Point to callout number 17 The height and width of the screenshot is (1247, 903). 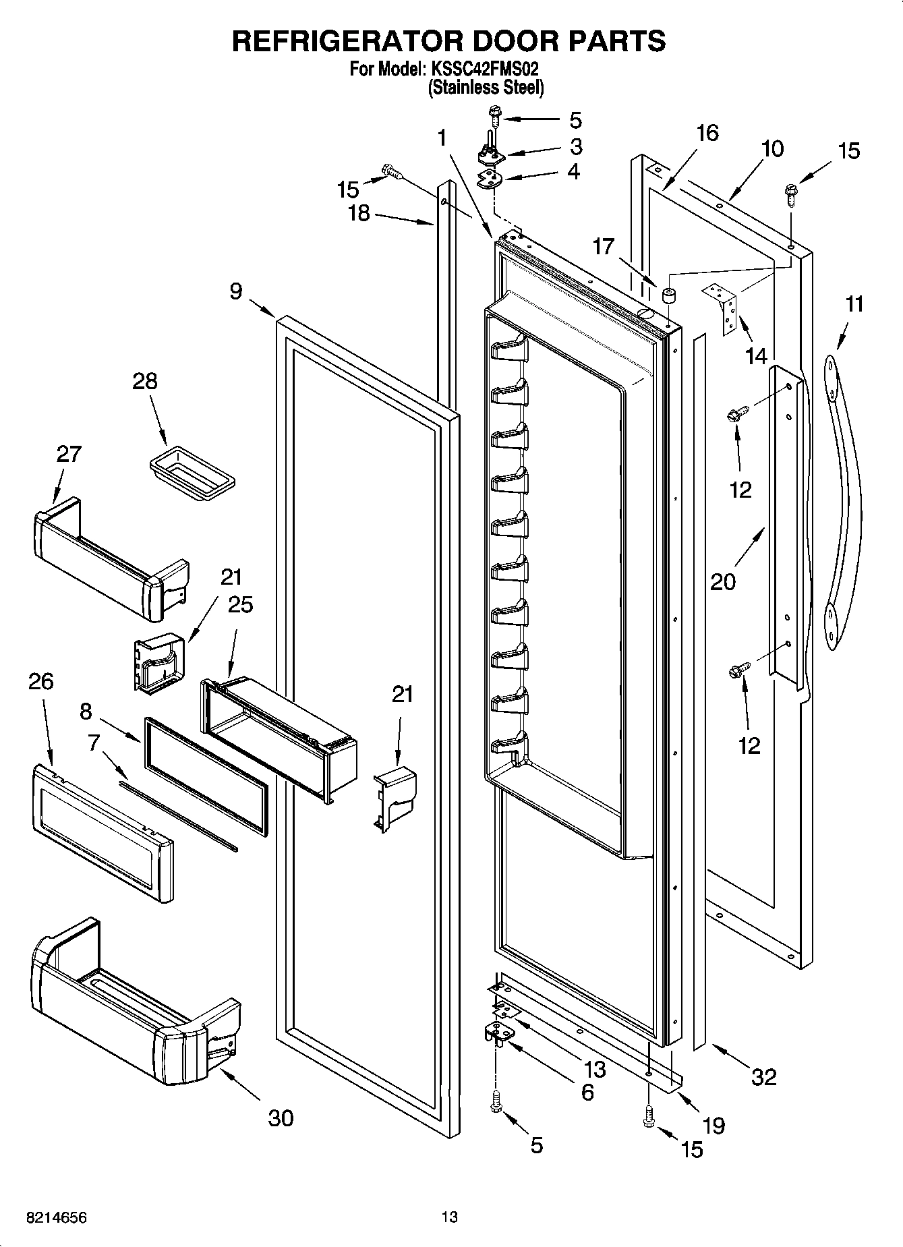pos(604,247)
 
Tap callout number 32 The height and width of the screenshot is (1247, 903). pos(763,1077)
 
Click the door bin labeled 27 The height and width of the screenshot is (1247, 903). pos(108,560)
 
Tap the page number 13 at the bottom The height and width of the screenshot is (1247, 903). pos(450,1217)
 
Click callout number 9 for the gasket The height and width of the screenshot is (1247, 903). pos(235,291)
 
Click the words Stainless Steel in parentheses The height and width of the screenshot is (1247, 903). pos(486,87)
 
